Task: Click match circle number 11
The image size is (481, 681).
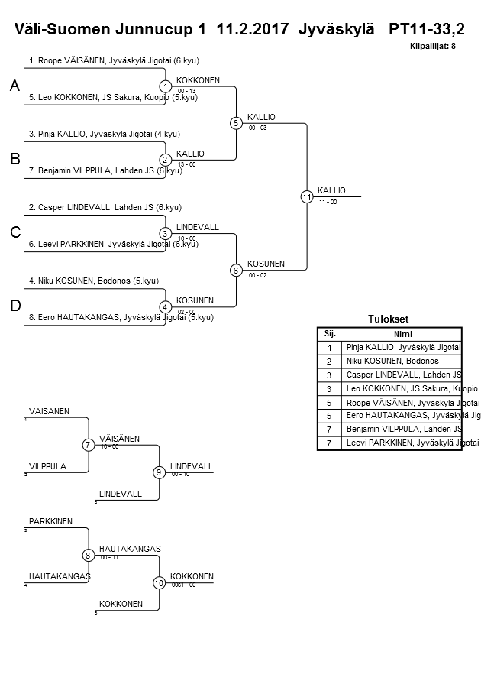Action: (307, 196)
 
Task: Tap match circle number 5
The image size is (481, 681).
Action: (236, 123)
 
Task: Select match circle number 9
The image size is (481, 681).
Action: (160, 472)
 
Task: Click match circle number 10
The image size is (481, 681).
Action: (160, 582)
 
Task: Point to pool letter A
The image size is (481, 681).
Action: (15, 87)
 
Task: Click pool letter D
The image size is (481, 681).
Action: (15, 306)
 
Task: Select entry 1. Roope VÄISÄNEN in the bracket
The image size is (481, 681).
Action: (114, 60)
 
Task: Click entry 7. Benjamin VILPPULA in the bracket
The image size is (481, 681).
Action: (110, 170)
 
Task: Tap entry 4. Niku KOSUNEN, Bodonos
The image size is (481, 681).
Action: (93, 281)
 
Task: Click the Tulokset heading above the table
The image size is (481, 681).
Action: (389, 319)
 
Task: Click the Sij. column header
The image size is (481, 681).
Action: (330, 333)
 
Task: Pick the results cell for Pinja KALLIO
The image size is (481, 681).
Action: (402, 347)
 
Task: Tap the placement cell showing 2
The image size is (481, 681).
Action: (330, 361)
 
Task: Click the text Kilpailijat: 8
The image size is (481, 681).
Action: (432, 47)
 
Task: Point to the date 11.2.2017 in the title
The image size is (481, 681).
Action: (253, 30)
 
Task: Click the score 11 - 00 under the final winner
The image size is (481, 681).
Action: (328, 202)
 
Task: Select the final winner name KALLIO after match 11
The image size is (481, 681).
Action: (331, 190)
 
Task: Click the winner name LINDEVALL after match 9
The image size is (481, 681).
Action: (191, 466)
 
